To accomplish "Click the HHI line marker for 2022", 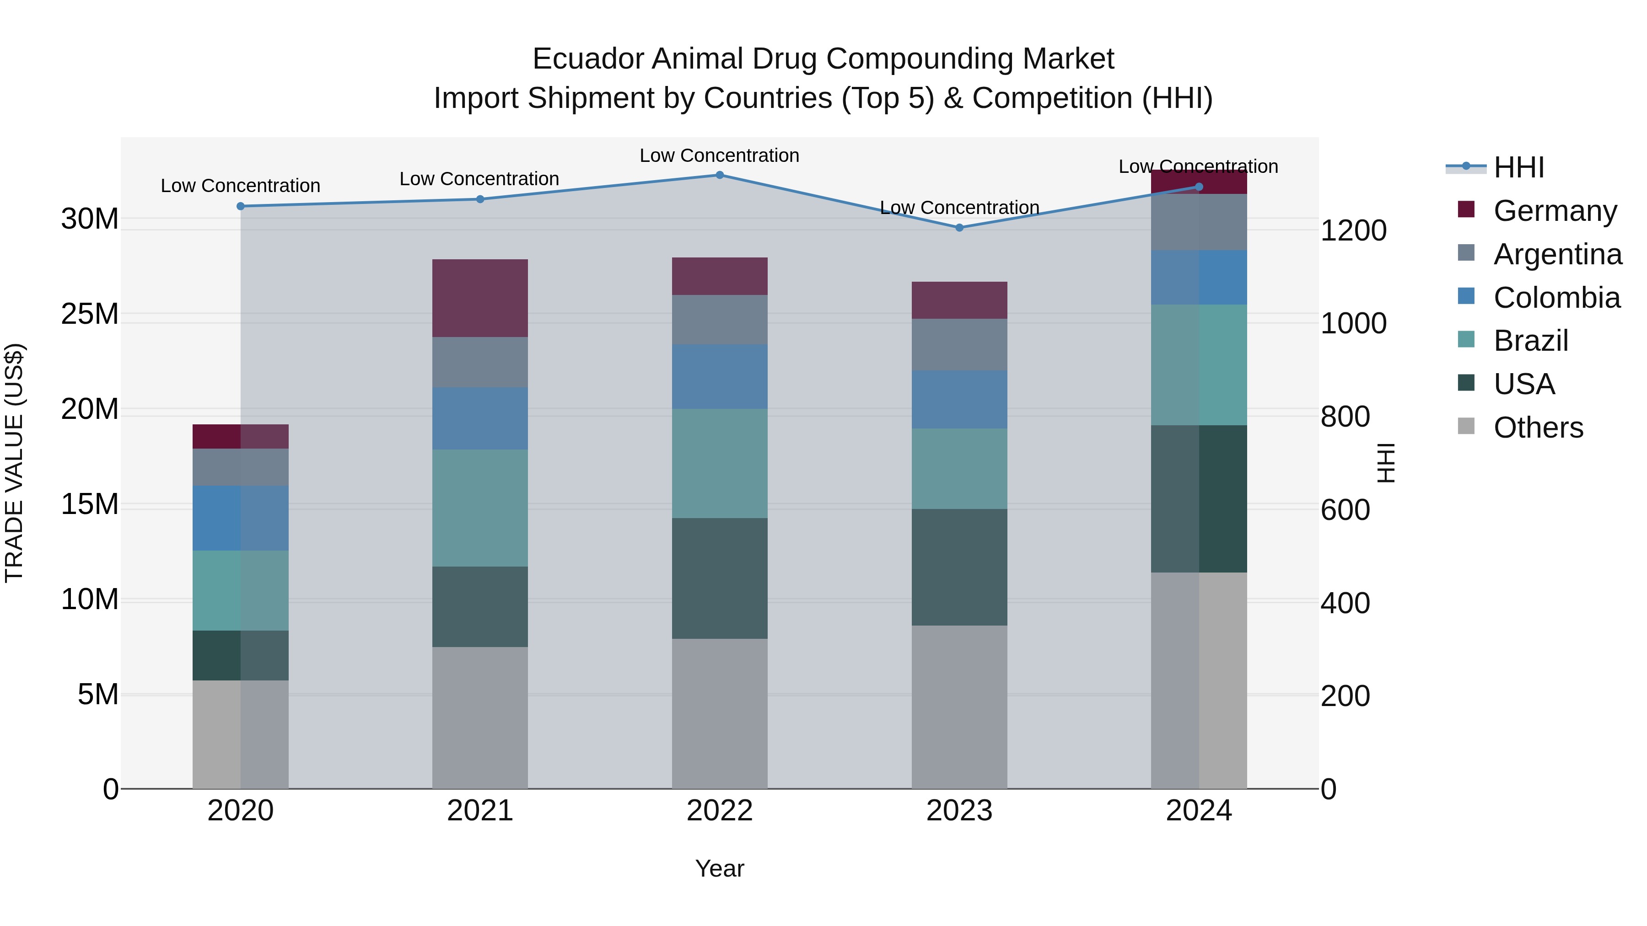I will tap(719, 175).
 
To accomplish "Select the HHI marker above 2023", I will tap(959, 228).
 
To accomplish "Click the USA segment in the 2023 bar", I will tap(959, 567).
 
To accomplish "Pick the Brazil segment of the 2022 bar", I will tap(719, 463).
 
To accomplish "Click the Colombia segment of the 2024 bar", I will tap(1199, 278).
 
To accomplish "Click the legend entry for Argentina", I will tap(1557, 254).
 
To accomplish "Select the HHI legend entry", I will tap(1518, 167).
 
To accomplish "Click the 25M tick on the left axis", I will tap(90, 314).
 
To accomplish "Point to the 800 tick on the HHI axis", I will tap(1345, 417).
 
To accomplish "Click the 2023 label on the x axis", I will tap(959, 811).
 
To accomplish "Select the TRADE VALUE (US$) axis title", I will tap(14, 463).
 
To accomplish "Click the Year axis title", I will tap(719, 868).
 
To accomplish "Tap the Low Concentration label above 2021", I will tap(479, 179).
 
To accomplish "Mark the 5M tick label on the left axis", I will tap(98, 694).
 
